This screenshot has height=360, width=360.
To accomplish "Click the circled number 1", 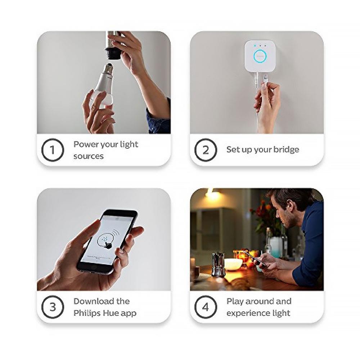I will click(x=53, y=150).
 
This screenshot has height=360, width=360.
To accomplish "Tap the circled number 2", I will click(x=206, y=150).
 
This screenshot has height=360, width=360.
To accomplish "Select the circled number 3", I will click(x=53, y=307).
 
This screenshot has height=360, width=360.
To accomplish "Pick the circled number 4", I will click(x=206, y=307).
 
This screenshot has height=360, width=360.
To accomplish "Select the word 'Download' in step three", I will click(x=91, y=301).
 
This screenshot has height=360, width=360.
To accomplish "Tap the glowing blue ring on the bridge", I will click(x=260, y=57).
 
